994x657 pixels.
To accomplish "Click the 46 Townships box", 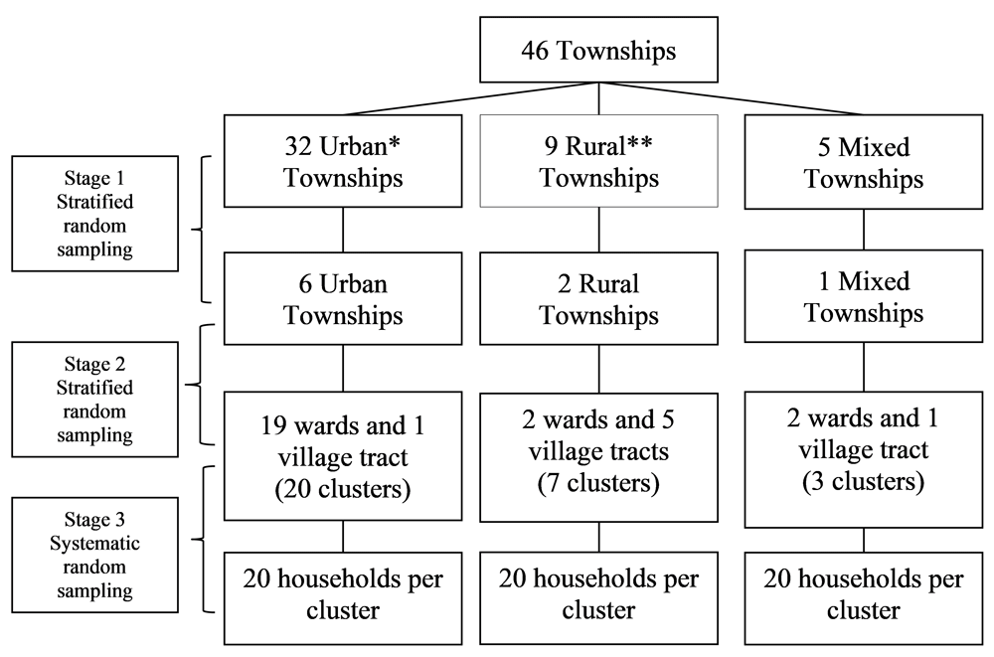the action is click(598, 50).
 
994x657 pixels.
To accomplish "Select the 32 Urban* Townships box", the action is click(343, 161).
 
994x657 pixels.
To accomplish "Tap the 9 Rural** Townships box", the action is click(598, 161).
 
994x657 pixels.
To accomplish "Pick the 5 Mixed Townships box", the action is click(864, 162).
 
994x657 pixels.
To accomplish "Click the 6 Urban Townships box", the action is click(343, 299).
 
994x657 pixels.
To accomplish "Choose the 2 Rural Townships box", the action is click(598, 299).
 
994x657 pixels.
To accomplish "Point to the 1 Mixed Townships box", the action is click(864, 296).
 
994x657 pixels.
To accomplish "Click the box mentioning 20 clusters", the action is click(343, 456).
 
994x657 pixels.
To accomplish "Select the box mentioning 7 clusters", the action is click(598, 457).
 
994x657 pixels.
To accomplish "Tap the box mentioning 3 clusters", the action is click(864, 459).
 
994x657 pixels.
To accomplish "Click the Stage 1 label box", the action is click(95, 214).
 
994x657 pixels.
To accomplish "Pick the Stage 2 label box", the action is click(95, 400).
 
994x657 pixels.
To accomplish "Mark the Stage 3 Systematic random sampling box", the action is click(95, 555).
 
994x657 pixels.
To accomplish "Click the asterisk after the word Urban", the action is click(395, 142).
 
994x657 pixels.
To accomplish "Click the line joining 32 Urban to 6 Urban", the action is click(343, 230).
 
